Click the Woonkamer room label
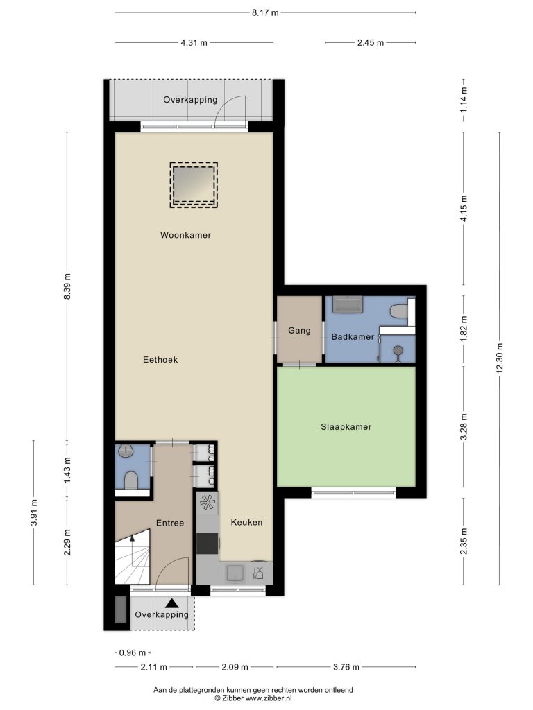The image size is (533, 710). (185, 235)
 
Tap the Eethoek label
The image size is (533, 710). (160, 360)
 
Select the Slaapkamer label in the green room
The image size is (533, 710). (346, 426)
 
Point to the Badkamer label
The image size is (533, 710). (353, 336)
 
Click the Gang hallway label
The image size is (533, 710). (299, 331)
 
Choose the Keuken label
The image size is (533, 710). (246, 522)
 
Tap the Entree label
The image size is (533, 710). (170, 523)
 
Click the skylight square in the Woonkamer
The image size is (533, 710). (194, 184)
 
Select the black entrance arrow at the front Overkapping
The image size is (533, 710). (171, 603)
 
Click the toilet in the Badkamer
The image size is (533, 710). (399, 311)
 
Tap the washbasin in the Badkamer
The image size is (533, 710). (348, 304)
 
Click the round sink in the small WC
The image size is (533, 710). (124, 451)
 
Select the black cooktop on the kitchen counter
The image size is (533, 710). (207, 544)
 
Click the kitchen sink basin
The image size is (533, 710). (235, 573)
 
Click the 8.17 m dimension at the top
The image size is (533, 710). (265, 12)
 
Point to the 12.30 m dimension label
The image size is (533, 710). (500, 358)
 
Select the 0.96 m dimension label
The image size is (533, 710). (133, 652)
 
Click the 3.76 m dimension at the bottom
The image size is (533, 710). (346, 666)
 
